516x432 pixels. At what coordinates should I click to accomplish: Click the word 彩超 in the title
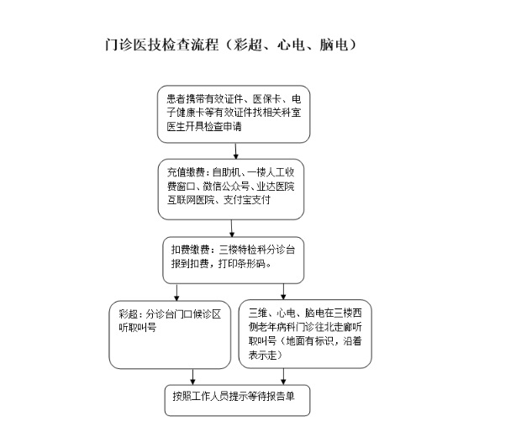tap(247, 45)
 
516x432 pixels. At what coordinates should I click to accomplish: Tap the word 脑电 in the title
tap(334, 45)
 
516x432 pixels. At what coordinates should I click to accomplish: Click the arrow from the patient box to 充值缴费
tap(235, 151)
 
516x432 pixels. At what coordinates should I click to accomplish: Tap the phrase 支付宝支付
tap(247, 200)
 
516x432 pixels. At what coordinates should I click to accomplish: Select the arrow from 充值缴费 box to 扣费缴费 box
tap(232, 229)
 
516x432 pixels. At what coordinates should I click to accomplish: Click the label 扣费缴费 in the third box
tap(190, 250)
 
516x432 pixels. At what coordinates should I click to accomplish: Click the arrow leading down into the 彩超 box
tap(176, 292)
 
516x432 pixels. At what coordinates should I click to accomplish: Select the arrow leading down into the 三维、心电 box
tap(283, 292)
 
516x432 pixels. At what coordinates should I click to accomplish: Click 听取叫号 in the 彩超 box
tap(138, 328)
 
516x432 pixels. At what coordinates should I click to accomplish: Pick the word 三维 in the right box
tap(258, 313)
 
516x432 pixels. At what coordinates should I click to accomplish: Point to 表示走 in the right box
tap(262, 355)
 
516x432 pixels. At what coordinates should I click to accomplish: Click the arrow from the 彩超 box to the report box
tap(192, 377)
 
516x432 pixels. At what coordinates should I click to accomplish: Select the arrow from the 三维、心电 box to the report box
tap(283, 377)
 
